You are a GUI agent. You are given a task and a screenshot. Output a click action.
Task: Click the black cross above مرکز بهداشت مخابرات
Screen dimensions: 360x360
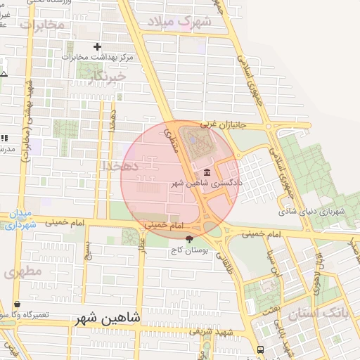[97, 46]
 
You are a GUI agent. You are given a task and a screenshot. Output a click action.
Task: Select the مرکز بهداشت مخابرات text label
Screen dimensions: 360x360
[98, 57]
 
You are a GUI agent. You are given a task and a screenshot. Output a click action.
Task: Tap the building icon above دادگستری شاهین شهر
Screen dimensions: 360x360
[207, 172]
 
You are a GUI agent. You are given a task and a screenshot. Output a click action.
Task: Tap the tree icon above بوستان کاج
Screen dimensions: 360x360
[188, 239]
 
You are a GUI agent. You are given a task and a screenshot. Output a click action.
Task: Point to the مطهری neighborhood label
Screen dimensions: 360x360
[22, 271]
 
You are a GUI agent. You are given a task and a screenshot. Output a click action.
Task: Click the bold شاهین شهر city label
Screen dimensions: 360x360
[107, 318]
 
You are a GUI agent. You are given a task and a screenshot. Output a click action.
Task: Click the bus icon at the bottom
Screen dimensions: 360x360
[261, 349]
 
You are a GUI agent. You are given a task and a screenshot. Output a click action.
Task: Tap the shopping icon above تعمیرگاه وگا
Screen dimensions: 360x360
[16, 304]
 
